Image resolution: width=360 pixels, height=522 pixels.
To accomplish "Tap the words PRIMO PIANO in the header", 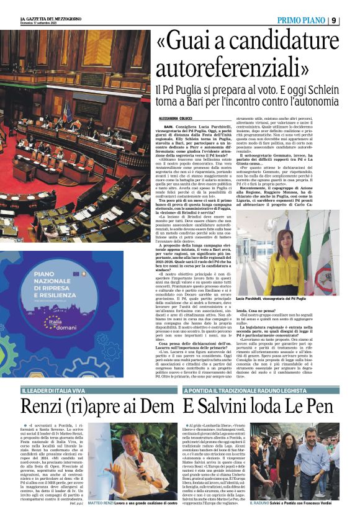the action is coord(300,20).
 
